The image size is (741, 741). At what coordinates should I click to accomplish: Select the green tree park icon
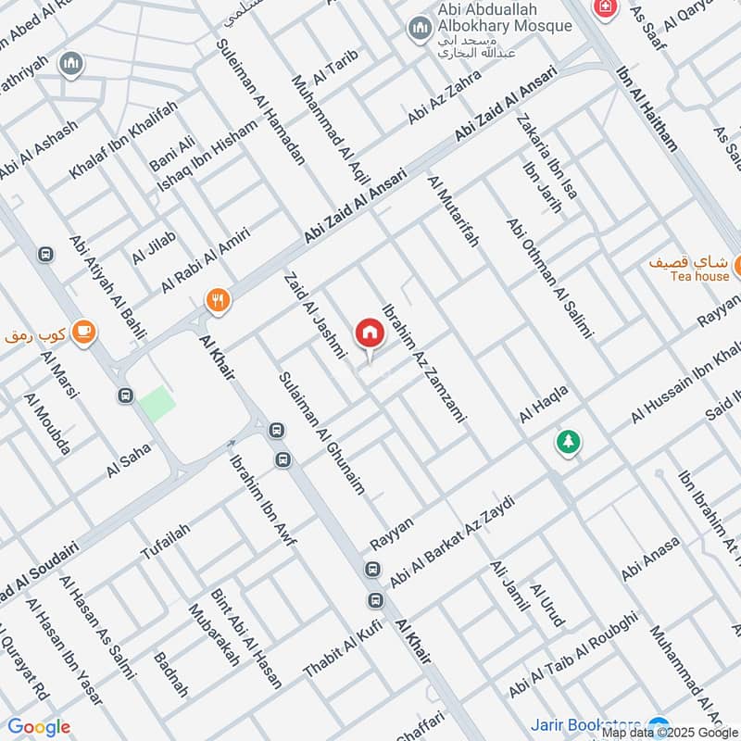(x=567, y=442)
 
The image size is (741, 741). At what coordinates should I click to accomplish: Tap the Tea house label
(x=699, y=276)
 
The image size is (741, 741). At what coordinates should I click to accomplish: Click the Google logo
(x=38, y=727)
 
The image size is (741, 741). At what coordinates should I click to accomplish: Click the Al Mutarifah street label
(x=454, y=211)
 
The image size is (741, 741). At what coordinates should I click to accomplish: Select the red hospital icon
(x=606, y=7)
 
